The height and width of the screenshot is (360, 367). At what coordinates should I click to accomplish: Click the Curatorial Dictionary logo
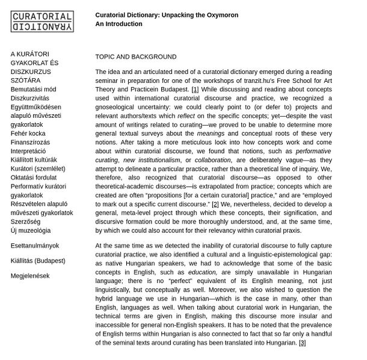[x=42, y=22]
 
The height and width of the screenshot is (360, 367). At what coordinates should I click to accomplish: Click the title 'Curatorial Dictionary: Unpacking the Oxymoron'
[x=167, y=15]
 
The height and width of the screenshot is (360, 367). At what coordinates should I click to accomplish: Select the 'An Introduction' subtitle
[x=119, y=24]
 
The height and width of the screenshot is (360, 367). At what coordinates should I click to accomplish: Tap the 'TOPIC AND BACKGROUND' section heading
[x=136, y=57]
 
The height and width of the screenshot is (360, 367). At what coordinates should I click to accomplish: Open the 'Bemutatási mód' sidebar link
[x=34, y=90]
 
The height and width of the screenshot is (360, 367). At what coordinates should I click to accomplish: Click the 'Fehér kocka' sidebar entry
[x=28, y=133]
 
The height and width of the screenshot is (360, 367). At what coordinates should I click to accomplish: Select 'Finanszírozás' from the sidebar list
[x=31, y=142]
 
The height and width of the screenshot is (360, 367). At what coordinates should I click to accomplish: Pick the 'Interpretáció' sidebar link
[x=28, y=151]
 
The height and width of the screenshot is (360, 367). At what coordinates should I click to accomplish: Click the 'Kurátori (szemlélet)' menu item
[x=38, y=169]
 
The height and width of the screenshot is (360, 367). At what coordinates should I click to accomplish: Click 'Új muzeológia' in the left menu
[x=31, y=230]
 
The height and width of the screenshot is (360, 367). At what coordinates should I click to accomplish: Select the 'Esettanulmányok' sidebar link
[x=35, y=246]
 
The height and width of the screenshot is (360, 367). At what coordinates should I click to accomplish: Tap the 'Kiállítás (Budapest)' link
[x=38, y=261]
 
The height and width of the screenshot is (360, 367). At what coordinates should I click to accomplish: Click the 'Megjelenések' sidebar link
[x=30, y=276]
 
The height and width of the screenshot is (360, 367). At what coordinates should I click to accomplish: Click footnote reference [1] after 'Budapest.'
[x=195, y=90]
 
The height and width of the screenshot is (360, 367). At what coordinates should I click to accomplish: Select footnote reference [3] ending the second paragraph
[x=302, y=343]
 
